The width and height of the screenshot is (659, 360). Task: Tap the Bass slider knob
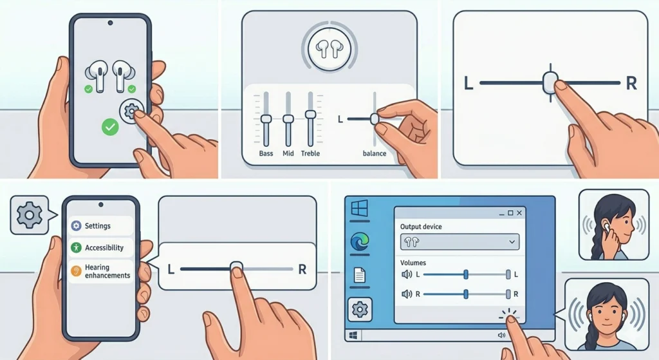tap(266, 119)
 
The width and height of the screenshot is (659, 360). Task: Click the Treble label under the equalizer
tap(310, 154)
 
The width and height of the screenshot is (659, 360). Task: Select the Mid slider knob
tap(288, 119)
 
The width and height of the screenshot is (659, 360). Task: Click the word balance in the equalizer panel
tap(374, 154)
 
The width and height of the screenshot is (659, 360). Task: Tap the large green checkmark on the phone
tap(110, 127)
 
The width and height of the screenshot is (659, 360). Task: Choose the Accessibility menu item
tap(104, 247)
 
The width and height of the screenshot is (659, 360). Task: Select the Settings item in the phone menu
tap(97, 226)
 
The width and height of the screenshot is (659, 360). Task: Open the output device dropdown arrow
tap(512, 242)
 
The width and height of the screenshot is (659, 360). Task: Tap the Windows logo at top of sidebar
tap(359, 209)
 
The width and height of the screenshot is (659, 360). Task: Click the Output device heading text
tap(421, 227)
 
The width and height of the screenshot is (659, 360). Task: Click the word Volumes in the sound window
tap(413, 263)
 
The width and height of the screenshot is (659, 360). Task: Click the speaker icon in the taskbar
tap(501, 336)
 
